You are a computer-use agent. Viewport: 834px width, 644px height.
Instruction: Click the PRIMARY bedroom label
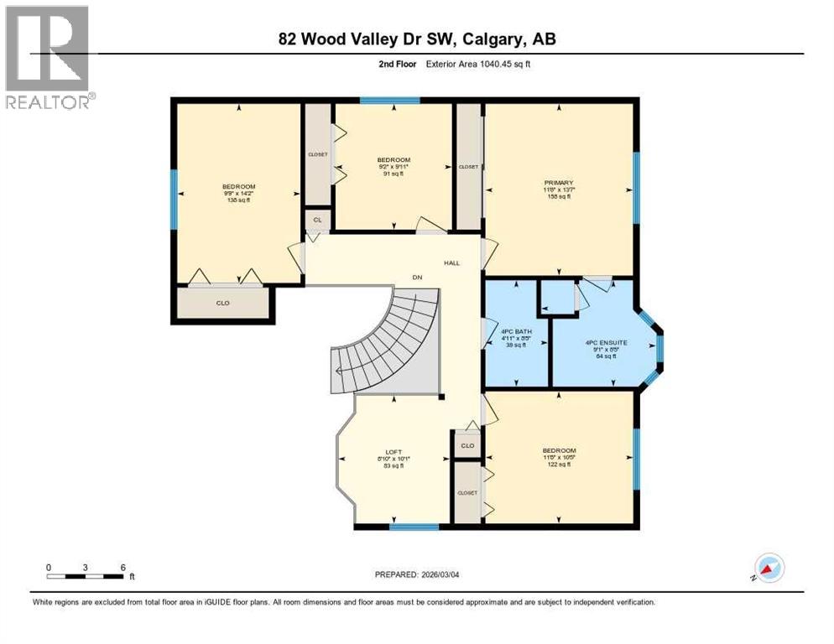coord(558,182)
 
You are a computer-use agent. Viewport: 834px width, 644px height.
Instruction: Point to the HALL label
coord(451,262)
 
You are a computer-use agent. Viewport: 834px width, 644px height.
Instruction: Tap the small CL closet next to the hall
coord(317,220)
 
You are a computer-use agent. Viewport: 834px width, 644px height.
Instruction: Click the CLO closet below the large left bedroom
coord(222,303)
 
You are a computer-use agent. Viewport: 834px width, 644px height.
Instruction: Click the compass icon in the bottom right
coord(769,568)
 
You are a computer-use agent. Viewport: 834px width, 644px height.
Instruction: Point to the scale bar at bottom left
coord(86,575)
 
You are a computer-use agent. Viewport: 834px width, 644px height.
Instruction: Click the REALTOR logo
coord(48,57)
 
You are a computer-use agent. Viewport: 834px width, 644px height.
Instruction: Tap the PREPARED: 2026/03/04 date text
coord(417,574)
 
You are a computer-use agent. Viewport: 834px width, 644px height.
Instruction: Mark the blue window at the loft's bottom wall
coord(414,527)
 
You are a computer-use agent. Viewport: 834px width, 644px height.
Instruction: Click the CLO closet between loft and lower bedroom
coord(467,445)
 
